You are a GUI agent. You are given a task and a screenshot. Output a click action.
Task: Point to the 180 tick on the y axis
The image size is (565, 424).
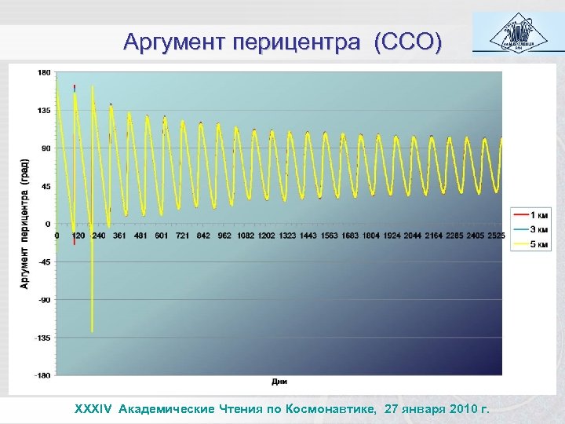tap(44, 72)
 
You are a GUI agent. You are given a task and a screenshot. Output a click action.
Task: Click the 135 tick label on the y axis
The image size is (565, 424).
tap(44, 111)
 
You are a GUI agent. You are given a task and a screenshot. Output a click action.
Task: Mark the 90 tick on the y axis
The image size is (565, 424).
tap(46, 148)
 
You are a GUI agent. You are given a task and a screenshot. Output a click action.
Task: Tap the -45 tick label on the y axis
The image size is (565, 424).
tap(45, 262)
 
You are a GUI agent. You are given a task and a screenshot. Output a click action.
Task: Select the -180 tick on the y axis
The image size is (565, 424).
tap(43, 375)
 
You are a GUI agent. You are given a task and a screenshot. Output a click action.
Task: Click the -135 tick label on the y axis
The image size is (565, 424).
tap(43, 338)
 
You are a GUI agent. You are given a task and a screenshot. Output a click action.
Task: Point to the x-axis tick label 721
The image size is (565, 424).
tap(182, 235)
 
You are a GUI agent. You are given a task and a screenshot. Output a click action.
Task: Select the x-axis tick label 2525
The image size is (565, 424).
tap(496, 235)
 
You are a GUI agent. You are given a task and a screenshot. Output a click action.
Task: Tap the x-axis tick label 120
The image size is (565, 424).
tap(78, 235)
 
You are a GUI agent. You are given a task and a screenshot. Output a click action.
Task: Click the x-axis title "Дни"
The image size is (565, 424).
tap(279, 382)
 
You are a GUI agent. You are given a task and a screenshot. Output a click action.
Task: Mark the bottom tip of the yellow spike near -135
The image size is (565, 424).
tap(93, 331)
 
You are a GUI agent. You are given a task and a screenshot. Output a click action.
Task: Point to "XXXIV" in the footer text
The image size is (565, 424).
tap(93, 409)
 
